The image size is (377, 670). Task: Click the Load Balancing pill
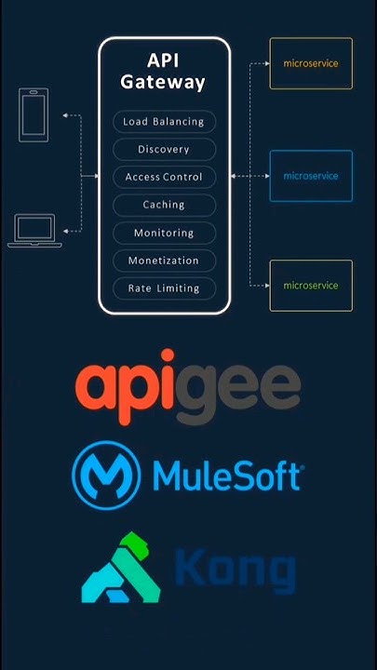tap(164, 122)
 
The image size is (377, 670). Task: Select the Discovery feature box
tap(164, 150)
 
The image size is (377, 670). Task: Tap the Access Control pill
tap(164, 177)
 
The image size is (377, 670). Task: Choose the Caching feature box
tap(164, 205)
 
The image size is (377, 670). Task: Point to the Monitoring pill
tap(164, 233)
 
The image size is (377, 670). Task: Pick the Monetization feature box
tap(164, 261)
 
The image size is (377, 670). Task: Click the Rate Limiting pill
tap(164, 288)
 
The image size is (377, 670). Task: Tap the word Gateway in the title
tap(164, 82)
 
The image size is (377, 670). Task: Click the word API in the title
tap(164, 60)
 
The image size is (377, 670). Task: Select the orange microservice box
tap(311, 63)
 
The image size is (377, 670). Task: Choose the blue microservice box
tap(311, 176)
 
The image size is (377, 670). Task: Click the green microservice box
tap(311, 286)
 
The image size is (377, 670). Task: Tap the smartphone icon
tap(34, 114)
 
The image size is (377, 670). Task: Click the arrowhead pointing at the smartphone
tap(65, 115)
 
